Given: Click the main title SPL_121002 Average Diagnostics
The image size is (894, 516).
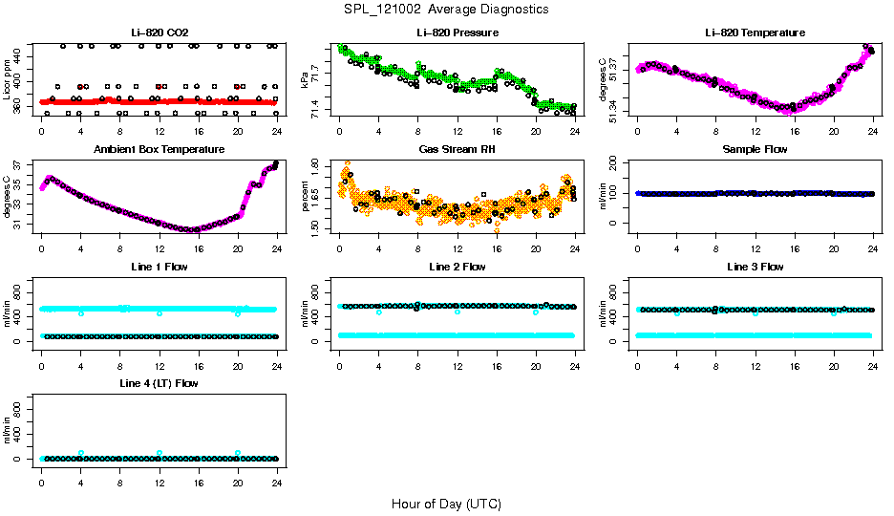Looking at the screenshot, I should tap(447, 9).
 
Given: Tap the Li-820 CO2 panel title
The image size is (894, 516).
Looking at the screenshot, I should tap(159, 32).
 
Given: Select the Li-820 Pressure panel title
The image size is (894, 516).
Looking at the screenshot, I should tap(457, 32).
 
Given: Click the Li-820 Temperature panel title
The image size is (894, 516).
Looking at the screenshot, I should tap(755, 32).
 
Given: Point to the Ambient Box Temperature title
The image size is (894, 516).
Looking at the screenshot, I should tap(159, 150).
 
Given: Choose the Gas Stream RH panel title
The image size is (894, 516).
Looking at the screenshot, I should tap(457, 150).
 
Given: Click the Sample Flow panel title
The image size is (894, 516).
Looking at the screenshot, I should tap(755, 150).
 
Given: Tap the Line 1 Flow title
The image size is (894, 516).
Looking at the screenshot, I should tap(159, 267).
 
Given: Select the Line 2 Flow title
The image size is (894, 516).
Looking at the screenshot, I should tap(457, 267).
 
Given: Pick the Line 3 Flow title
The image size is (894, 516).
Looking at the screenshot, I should tap(755, 267).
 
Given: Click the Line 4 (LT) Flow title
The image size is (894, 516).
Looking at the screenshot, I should tap(159, 383).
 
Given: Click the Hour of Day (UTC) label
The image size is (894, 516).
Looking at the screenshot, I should tap(446, 504).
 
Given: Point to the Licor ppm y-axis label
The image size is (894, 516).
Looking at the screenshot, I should tap(8, 80).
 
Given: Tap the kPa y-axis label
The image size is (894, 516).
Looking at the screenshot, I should tap(306, 80).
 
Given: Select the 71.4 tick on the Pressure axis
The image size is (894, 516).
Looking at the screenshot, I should tap(319, 113).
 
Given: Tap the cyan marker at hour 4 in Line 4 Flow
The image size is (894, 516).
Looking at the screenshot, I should tap(81, 453).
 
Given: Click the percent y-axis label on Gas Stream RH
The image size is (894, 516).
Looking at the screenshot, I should tap(306, 197).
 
